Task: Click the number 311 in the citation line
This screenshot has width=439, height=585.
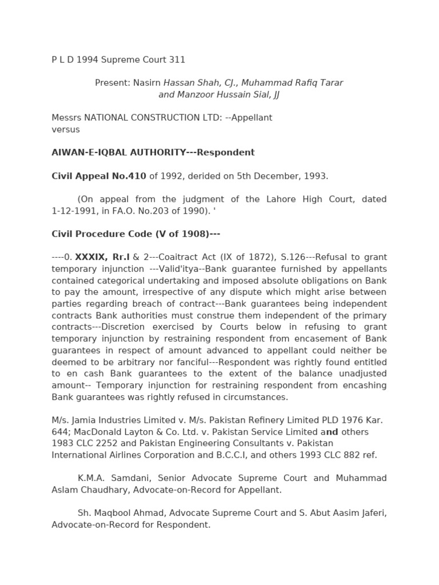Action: point(178,60)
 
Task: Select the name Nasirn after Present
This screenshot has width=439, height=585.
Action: point(147,83)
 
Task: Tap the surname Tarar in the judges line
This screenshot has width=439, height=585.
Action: point(330,83)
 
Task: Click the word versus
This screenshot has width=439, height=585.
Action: point(66,130)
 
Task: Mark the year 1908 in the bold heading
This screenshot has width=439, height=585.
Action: point(194,234)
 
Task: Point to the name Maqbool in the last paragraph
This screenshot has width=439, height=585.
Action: point(114,513)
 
